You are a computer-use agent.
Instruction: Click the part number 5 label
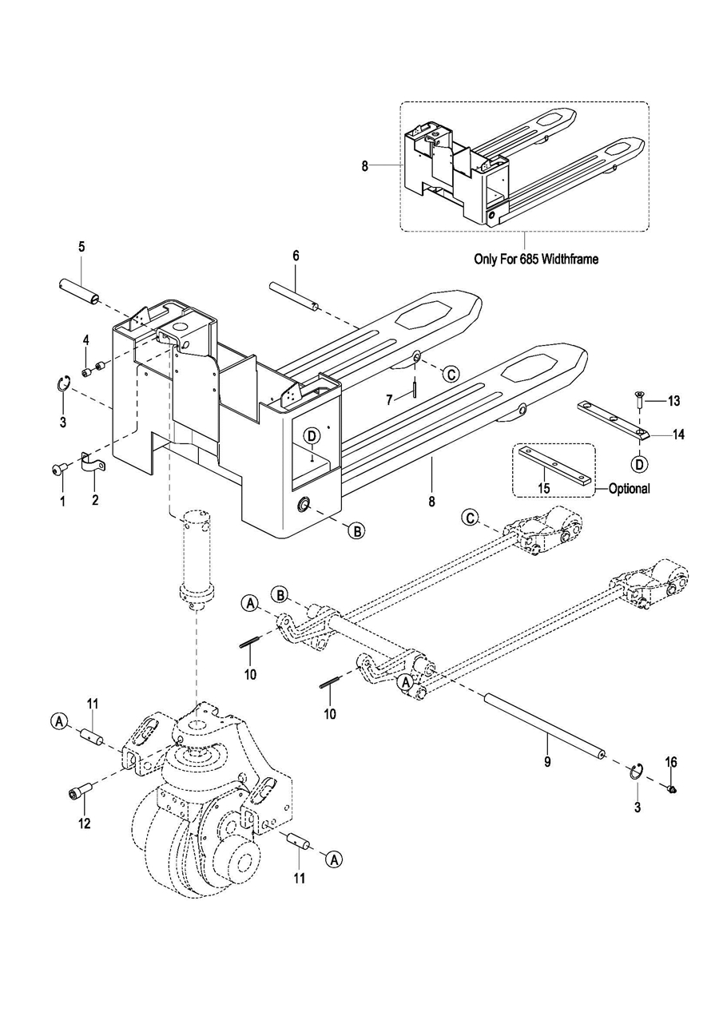(81, 247)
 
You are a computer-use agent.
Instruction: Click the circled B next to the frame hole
(357, 530)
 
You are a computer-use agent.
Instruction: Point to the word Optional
(629, 489)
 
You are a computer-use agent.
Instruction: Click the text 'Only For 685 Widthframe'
(536, 259)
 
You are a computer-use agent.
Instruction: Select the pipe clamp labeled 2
(93, 462)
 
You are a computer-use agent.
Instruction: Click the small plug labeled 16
(672, 790)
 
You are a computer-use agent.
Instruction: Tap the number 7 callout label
(389, 399)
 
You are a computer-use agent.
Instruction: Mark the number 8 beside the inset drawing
(365, 166)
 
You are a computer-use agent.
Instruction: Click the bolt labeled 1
(58, 469)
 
